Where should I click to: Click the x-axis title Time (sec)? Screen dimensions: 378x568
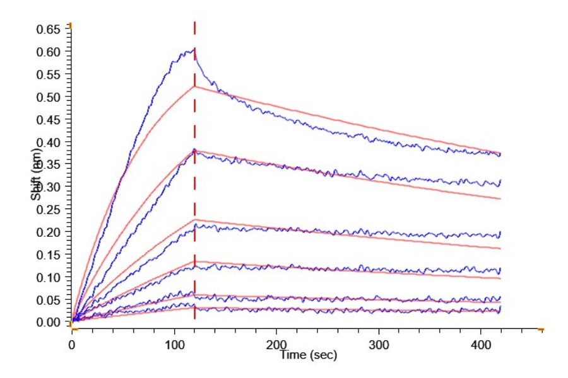[x=309, y=355]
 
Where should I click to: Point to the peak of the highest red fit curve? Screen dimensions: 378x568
[x=194, y=86]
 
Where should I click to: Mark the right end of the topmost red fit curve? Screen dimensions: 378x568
[x=500, y=152]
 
